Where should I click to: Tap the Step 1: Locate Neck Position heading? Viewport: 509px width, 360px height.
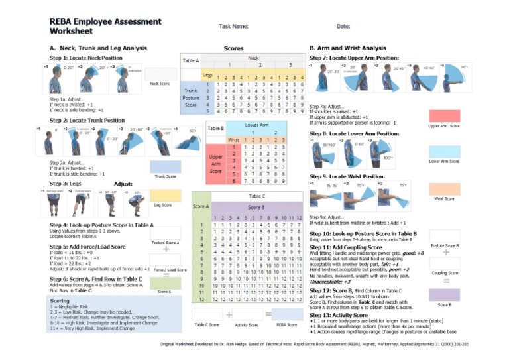point(81,58)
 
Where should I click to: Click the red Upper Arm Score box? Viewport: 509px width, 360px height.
point(444,115)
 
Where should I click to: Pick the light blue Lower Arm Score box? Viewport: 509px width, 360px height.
point(444,152)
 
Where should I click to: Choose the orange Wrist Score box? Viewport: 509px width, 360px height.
point(444,189)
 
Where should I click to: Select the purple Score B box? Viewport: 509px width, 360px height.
point(445,294)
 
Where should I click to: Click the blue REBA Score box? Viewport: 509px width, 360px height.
point(286,314)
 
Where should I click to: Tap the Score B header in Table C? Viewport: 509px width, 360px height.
point(255,207)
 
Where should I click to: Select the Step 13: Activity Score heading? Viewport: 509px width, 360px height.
point(343,314)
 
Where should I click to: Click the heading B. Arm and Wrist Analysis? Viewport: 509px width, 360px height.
point(347,48)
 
